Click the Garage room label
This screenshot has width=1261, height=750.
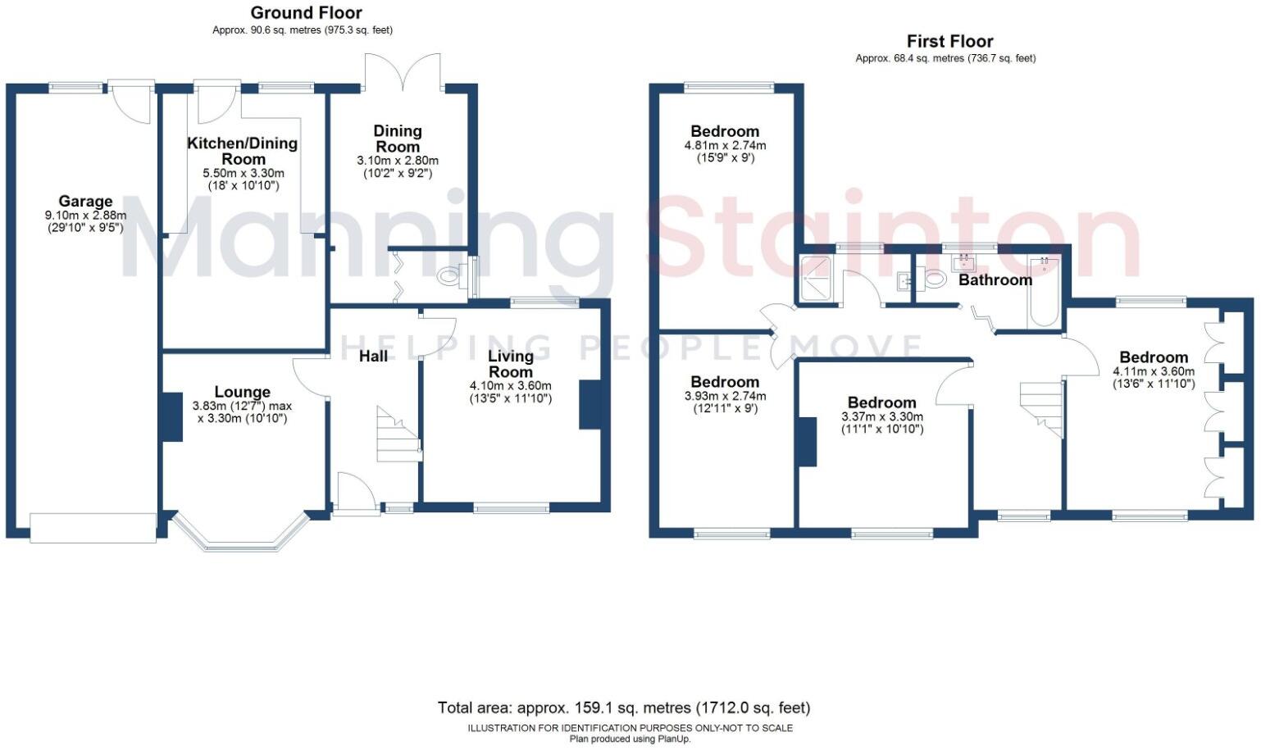(85, 202)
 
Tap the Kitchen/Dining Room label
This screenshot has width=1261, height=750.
(243, 151)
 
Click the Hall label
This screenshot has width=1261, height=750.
(374, 356)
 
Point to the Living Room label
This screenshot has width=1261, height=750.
(510, 363)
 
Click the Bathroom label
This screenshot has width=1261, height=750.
(995, 280)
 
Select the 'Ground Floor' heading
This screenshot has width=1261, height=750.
(306, 13)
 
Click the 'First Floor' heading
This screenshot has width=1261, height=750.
(949, 41)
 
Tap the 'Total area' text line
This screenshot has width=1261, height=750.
(623, 707)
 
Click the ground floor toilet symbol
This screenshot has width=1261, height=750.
(450, 277)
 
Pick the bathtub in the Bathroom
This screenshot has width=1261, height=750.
(1045, 292)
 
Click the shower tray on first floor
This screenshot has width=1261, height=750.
(817, 280)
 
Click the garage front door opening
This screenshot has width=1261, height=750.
(93, 527)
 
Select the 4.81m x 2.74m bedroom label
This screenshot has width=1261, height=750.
(725, 131)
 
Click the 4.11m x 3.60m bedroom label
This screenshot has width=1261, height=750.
(1153, 357)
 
